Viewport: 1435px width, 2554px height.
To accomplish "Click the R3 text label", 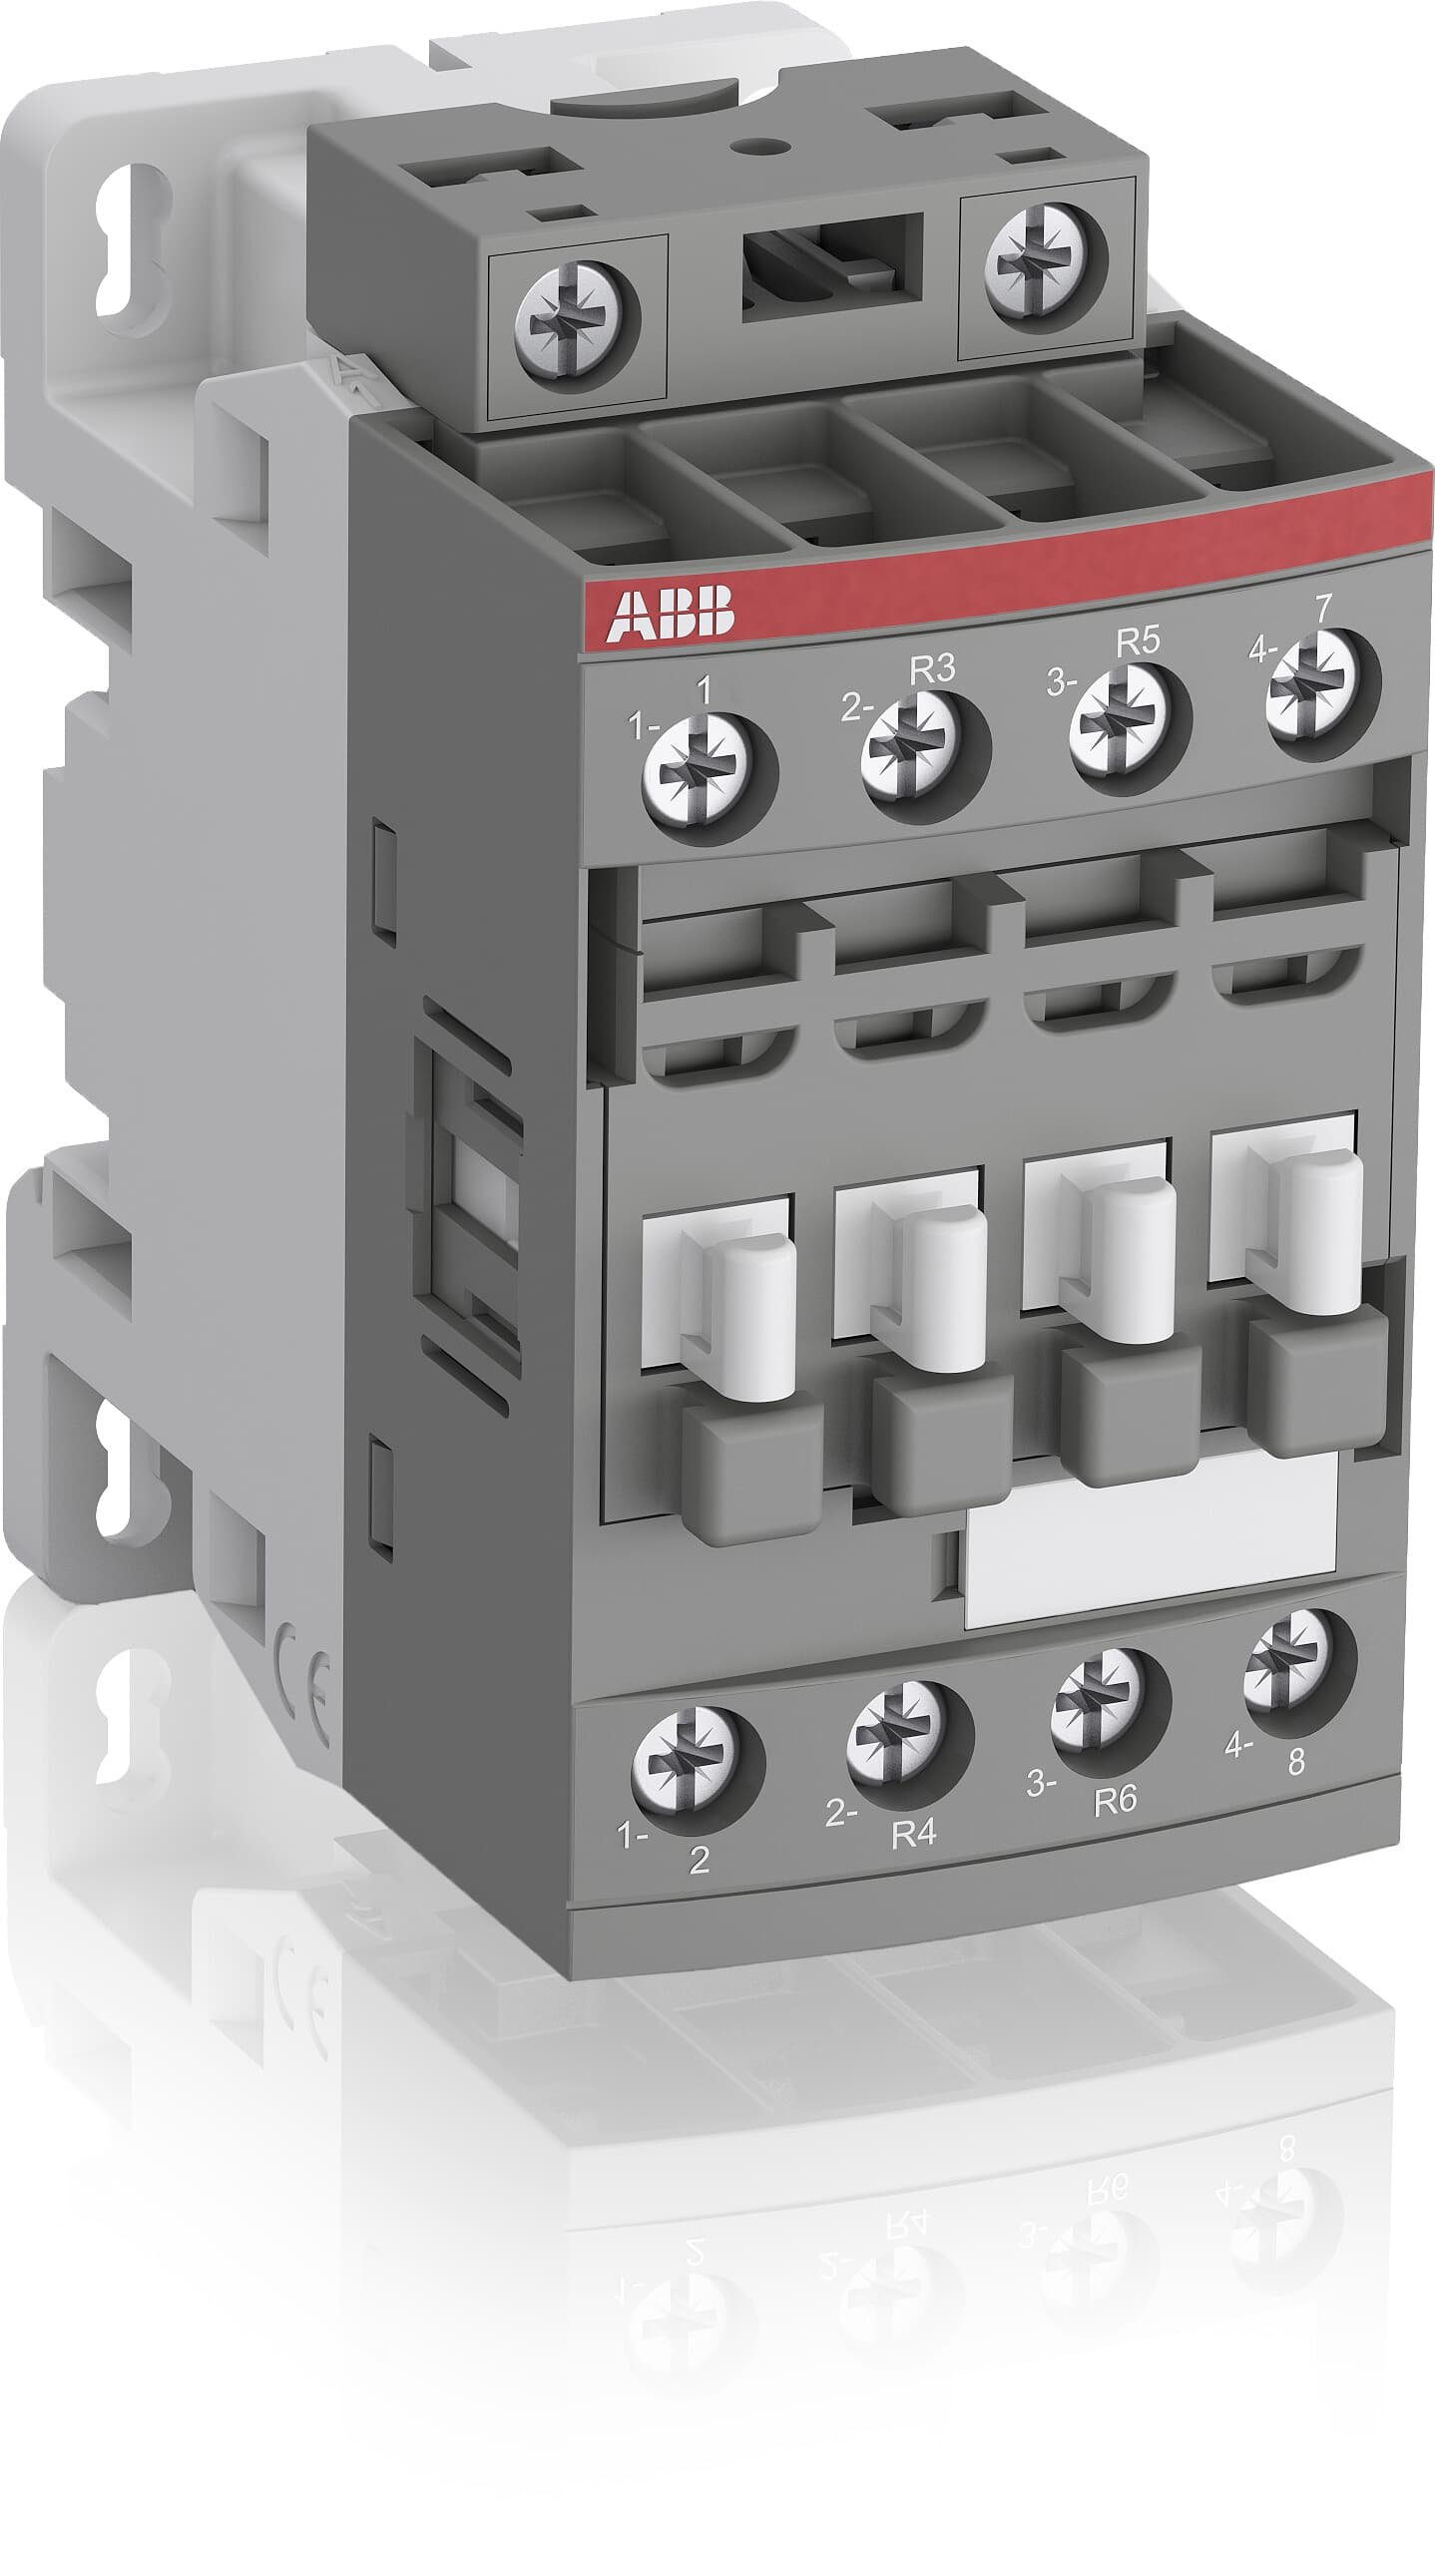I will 932,670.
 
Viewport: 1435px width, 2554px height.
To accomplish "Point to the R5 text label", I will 1138,642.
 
